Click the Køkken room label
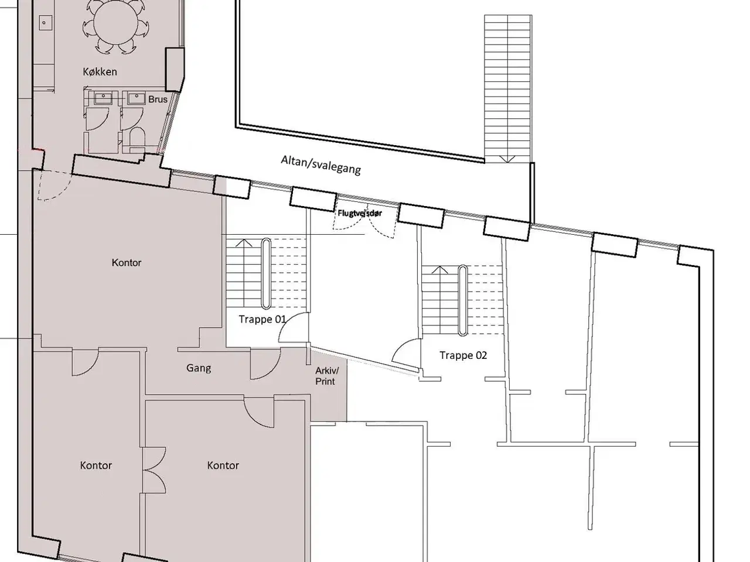pyautogui.click(x=100, y=71)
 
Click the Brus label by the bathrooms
pyautogui.click(x=158, y=100)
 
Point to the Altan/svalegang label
pyautogui.click(x=321, y=165)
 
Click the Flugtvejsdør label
pyautogui.click(x=359, y=213)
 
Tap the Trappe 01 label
pyautogui.click(x=262, y=319)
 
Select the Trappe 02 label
pyautogui.click(x=463, y=355)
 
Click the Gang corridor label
pyautogui.click(x=199, y=368)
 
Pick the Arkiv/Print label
pyautogui.click(x=326, y=376)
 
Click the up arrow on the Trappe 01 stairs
pyautogui.click(x=244, y=242)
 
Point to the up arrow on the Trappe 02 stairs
pyautogui.click(x=439, y=269)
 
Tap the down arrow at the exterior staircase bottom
pyautogui.click(x=507, y=159)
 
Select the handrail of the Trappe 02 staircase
pyautogui.click(x=462, y=300)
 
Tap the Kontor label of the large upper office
pyautogui.click(x=126, y=262)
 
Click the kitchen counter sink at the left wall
pyautogui.click(x=44, y=23)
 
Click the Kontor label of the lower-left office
pyautogui.click(x=96, y=465)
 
